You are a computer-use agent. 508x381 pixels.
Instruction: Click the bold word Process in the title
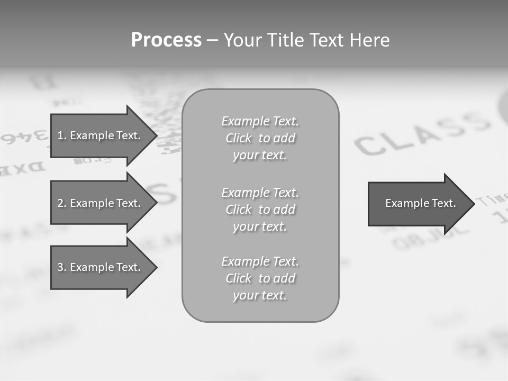(166, 40)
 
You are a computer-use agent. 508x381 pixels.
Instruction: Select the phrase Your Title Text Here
(306, 40)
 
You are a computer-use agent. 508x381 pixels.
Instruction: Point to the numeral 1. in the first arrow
(61, 135)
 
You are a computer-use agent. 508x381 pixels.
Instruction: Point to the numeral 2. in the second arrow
(61, 203)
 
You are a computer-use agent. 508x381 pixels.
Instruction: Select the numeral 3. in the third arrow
(61, 267)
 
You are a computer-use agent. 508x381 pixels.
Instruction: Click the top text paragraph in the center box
(260, 138)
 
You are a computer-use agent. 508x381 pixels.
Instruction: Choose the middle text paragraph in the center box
(260, 210)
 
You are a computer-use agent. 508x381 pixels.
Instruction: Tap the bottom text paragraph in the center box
(260, 278)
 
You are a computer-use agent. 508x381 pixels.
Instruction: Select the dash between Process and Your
(212, 40)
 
